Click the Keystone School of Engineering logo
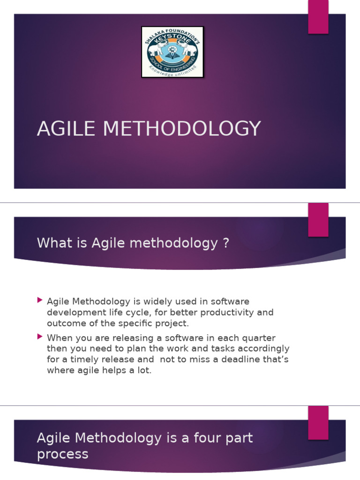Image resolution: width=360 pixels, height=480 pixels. coord(172,52)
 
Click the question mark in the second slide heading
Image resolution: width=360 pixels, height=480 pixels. coord(226,243)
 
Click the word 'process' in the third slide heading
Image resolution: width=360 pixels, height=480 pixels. coord(62,454)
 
